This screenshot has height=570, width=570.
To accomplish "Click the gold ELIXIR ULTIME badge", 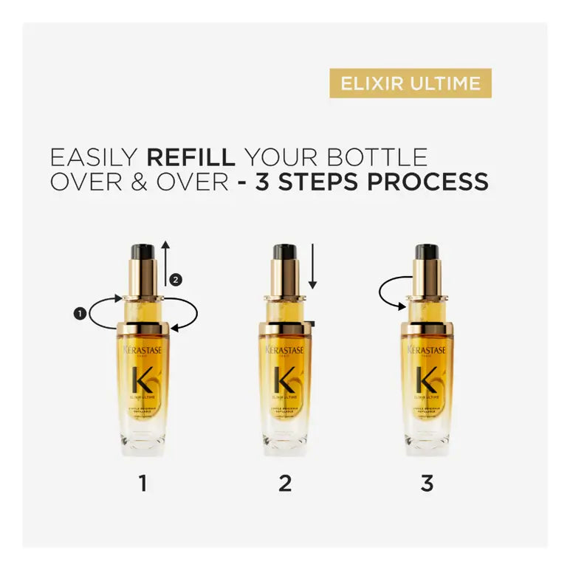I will tap(411, 83).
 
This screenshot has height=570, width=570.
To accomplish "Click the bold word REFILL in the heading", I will tap(191, 157).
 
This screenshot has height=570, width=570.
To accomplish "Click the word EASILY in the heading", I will tap(94, 157).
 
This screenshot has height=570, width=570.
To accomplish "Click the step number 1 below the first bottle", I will tap(142, 484).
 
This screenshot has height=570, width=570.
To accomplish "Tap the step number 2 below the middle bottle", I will tap(285, 484).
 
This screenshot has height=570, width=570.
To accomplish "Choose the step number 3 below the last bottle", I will tap(427, 484).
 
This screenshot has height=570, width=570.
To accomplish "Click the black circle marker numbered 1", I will tap(79, 314).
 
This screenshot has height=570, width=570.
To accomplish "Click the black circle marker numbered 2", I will tap(175, 280).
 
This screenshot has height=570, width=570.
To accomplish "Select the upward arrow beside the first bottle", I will tap(166, 262).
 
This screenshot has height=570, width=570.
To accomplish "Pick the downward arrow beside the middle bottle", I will tap(313, 266).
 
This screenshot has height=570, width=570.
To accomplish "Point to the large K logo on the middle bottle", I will tap(284, 380).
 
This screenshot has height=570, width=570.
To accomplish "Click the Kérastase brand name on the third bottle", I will tap(426, 349).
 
